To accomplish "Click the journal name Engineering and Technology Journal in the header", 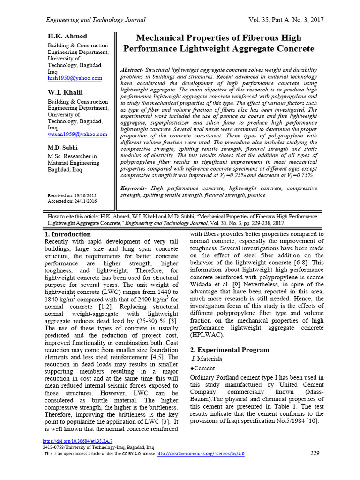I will tap(95, 20).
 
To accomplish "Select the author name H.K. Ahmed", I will tap(67, 37).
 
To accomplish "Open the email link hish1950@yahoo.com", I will tap(75, 78).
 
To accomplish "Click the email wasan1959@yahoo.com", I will tap(77, 134).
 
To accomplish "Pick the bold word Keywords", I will tap(134, 188).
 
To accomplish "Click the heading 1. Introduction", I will tap(67, 234).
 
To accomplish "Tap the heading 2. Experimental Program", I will tap(229, 350).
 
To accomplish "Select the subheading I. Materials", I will tap(208, 359).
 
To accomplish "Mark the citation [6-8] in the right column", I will tap(298, 263).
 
